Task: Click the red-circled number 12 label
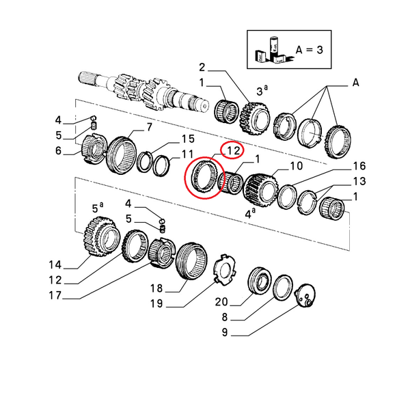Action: pos(234,151)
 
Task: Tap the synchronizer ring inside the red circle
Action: pos(204,177)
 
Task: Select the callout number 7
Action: pos(149,127)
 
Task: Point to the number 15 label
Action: pos(188,139)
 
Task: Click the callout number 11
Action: pos(187,154)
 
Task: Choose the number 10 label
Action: pos(297,166)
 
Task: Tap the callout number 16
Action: pos(359,166)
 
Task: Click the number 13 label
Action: pos(359,181)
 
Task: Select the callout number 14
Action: pos(55,265)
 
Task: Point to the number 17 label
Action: pos(55,295)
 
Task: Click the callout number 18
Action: pos(156,288)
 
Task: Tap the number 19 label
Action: pos(156,303)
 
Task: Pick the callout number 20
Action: pos(221,302)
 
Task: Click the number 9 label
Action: pos(225,332)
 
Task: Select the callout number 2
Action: pos(202,68)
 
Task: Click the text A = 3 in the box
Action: pos(310,50)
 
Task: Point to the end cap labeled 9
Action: pos(305,295)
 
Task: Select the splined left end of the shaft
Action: pos(87,78)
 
